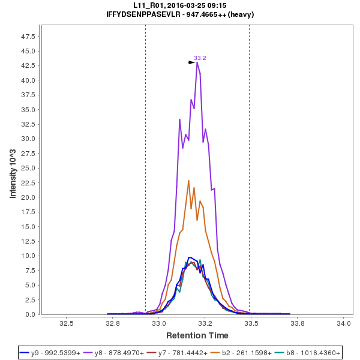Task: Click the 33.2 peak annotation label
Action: tap(200, 58)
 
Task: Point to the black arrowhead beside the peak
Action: tap(191, 62)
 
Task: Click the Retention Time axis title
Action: tap(197, 335)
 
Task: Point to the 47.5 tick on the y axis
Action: tap(28, 36)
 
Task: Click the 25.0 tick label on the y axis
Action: tap(28, 168)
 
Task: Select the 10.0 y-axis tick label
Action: tap(28, 256)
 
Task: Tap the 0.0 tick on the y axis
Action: tap(31, 314)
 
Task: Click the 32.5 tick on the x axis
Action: tap(67, 323)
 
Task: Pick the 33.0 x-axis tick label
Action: tap(159, 323)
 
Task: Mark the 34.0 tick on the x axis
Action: tap(344, 323)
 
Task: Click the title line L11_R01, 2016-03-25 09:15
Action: tap(180, 5)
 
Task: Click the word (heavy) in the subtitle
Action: tap(241, 14)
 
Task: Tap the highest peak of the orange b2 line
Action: tap(188, 181)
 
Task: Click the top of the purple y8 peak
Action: tap(197, 62)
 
